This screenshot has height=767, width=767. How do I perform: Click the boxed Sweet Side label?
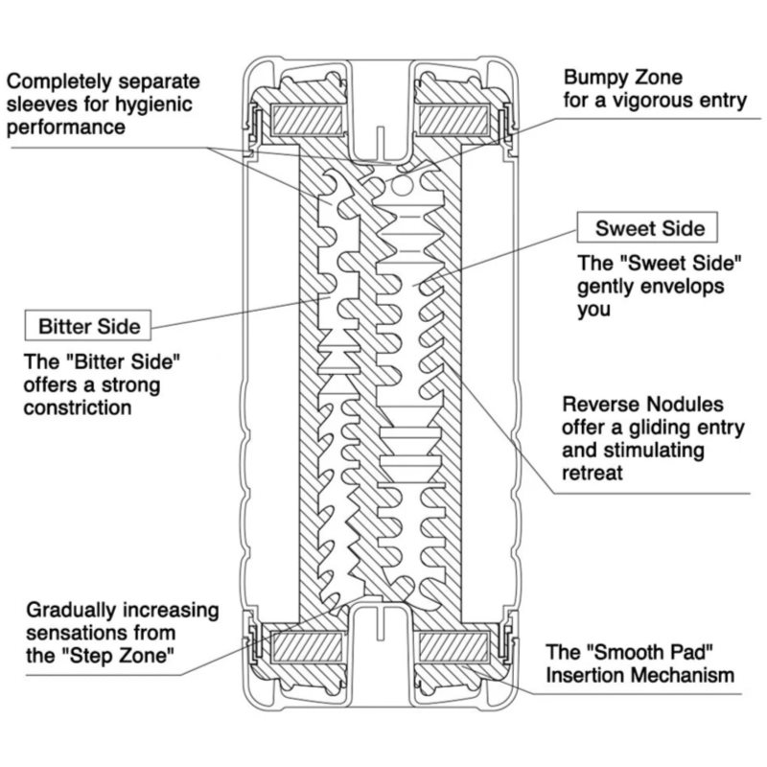click(649, 228)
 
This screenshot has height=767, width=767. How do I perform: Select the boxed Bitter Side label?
click(89, 326)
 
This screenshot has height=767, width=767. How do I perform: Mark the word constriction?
click(79, 408)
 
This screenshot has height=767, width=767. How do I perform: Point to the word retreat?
click(593, 473)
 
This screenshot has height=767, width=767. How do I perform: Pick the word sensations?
click(76, 633)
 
